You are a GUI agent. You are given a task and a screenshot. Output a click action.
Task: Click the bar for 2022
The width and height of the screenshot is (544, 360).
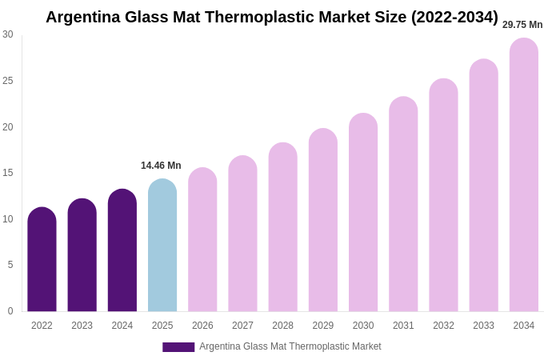tap(42, 260)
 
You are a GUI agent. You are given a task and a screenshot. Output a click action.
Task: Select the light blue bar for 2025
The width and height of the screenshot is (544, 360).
tap(162, 246)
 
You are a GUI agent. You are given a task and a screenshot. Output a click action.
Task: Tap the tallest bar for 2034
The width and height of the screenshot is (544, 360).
tap(524, 175)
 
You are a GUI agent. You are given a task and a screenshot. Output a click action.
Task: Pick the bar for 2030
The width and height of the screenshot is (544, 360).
tap(363, 213)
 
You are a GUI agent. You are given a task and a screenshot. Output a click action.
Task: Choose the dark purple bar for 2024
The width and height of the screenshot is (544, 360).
tap(122, 250)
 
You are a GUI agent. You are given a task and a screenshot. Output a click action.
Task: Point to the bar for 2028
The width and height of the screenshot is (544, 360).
tap(282, 227)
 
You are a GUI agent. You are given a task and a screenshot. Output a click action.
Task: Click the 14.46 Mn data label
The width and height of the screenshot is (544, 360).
tap(161, 166)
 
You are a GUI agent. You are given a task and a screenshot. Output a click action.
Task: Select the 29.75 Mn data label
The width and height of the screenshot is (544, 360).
tap(522, 25)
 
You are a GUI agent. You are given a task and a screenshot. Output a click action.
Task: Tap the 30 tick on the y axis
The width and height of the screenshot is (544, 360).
tap(8, 34)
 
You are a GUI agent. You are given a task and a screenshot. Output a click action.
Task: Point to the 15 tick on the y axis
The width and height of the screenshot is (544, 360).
tap(8, 173)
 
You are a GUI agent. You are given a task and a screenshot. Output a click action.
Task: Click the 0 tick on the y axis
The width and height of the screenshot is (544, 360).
tap(10, 311)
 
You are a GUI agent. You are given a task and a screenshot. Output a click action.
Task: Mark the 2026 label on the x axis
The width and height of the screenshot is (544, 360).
tap(202, 326)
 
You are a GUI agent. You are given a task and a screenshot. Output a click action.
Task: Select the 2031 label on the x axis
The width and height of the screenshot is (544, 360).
tap(403, 326)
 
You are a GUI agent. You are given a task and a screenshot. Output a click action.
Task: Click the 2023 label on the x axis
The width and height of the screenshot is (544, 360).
tap(82, 326)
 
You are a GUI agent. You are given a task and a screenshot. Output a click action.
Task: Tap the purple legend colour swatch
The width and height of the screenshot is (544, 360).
tap(178, 347)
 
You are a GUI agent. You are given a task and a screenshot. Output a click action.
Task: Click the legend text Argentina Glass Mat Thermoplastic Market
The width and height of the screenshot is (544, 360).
tap(290, 346)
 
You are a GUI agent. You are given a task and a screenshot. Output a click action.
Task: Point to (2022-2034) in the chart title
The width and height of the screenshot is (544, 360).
tap(454, 17)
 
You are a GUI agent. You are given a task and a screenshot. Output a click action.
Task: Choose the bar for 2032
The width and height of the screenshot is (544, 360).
tap(443, 195)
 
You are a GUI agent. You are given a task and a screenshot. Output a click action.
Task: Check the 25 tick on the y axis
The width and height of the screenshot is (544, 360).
tap(8, 81)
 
